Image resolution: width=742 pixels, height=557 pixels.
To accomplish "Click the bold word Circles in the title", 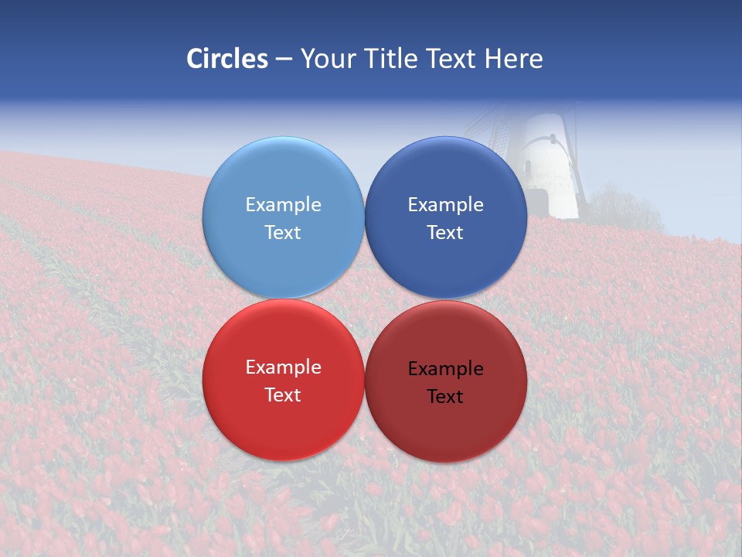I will [227, 59].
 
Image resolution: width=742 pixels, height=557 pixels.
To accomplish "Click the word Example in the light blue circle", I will [283, 205].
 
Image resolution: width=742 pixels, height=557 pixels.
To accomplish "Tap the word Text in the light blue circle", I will [283, 233].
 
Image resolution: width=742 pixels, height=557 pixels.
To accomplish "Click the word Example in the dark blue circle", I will [445, 205].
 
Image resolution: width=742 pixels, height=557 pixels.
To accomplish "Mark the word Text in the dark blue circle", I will [445, 233].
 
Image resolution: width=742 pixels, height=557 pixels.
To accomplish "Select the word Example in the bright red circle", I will [283, 367].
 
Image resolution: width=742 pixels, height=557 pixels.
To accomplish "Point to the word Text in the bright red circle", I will [283, 395].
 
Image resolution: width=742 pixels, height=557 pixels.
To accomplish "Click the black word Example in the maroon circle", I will [445, 369].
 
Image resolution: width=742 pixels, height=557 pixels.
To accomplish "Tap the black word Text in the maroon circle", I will [445, 397].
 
